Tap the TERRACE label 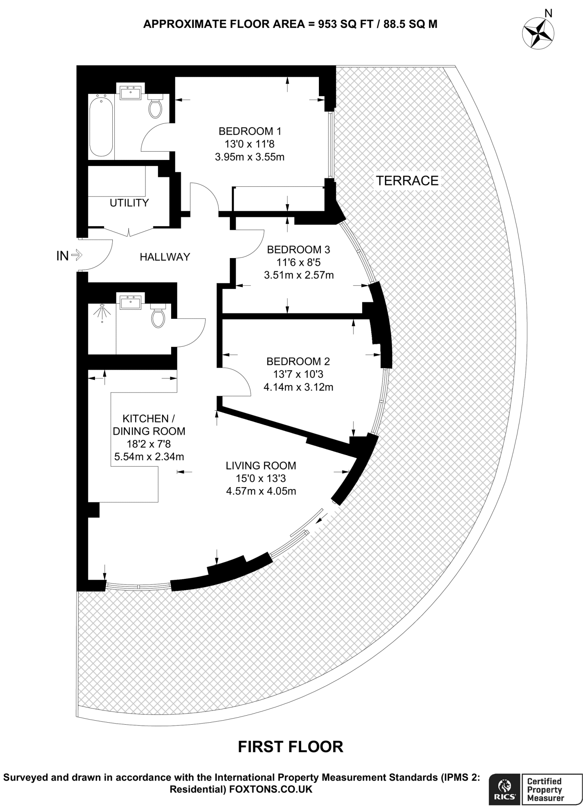407,181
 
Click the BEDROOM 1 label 250,131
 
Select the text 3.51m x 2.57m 299,275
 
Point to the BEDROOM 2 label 298,361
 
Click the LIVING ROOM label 261,466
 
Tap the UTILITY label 129,203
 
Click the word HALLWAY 165,257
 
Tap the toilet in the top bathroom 155,107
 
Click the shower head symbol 102,311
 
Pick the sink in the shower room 130,302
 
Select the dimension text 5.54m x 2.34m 149,457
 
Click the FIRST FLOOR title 291,747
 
